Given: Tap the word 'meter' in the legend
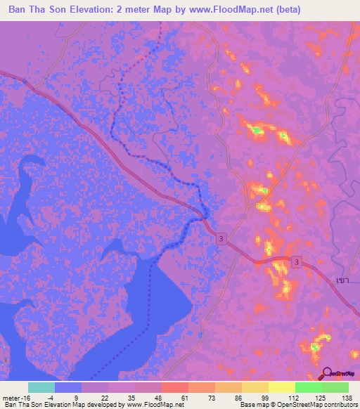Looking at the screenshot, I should click(x=11, y=398).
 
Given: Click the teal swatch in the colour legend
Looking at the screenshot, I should click(x=41, y=387).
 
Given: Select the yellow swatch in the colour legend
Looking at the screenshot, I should click(x=282, y=387).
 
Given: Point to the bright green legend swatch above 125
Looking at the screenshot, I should click(x=309, y=387).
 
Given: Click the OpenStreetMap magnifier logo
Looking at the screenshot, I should click(x=327, y=375).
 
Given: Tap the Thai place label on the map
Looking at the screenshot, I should click(x=342, y=280).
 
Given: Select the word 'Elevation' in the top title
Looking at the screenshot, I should click(x=97, y=10).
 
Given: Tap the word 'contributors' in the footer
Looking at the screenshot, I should click(x=339, y=405).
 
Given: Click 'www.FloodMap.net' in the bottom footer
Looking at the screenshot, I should click(x=154, y=405).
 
